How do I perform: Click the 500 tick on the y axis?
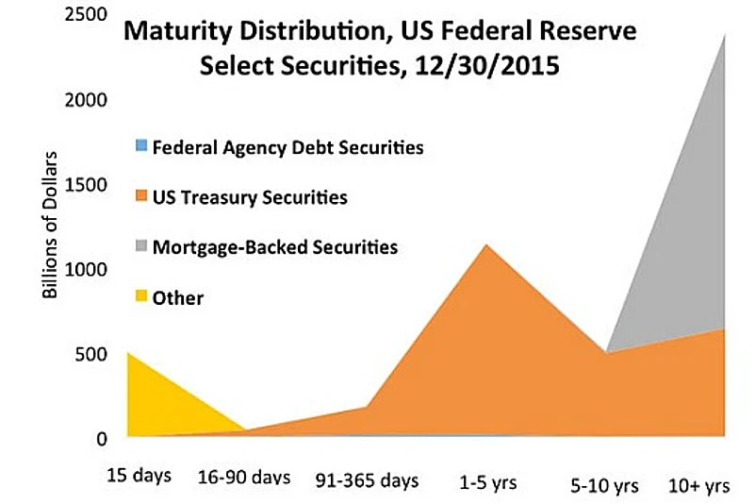click(91, 354)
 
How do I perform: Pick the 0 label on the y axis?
click(101, 438)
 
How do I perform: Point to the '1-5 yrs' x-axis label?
click(488, 479)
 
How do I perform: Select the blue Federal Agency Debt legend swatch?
click(141, 146)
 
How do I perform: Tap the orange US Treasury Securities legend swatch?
click(141, 197)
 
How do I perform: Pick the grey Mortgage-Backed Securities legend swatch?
click(141, 247)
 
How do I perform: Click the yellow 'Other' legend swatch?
click(141, 297)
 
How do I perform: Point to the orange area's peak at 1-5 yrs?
click(486, 247)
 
